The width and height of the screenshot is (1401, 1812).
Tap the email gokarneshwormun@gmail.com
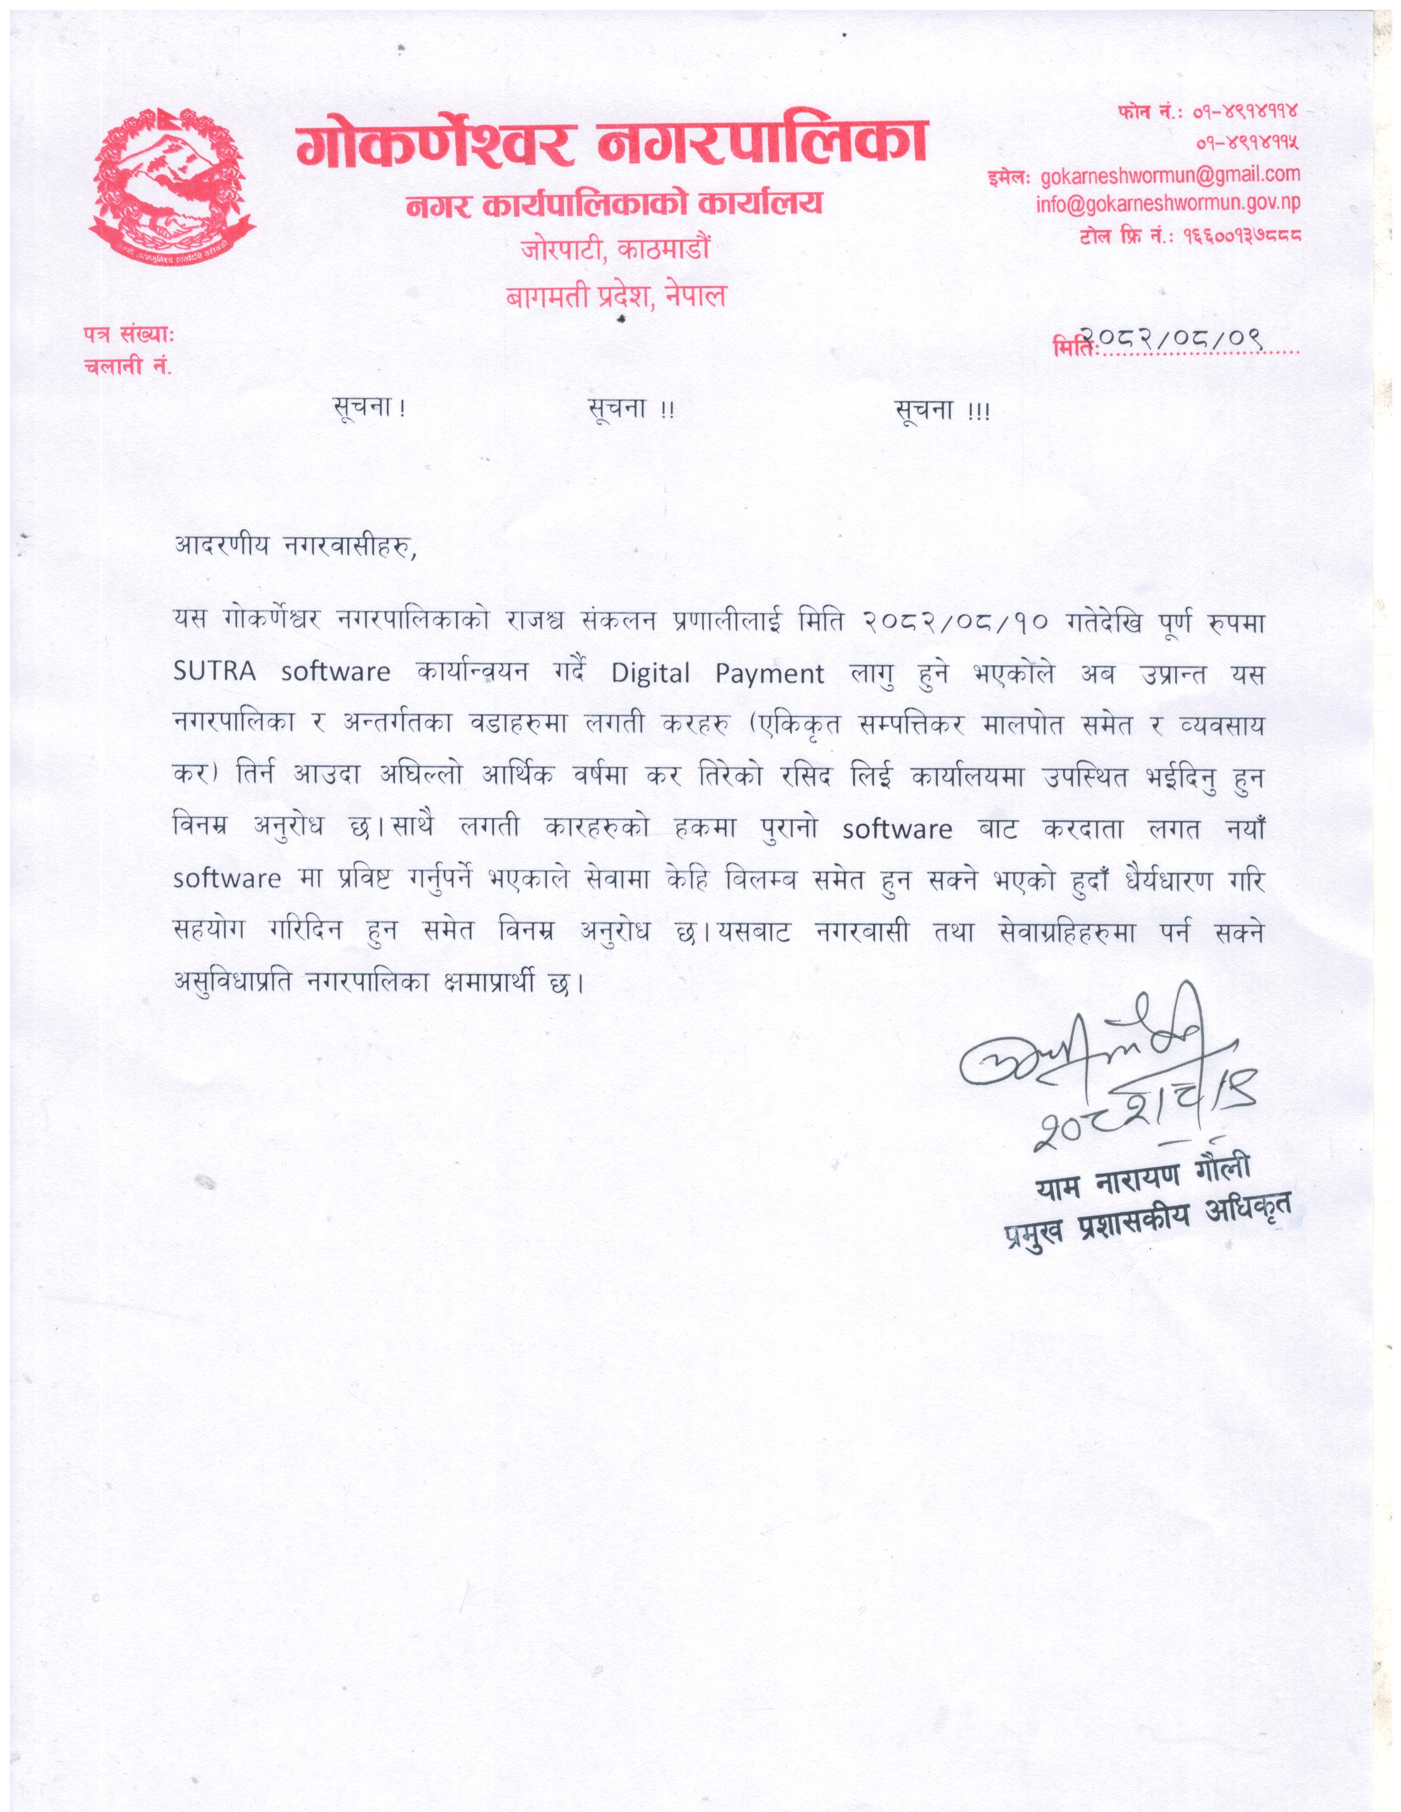pos(1169,174)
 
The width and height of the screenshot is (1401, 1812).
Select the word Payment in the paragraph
pos(769,674)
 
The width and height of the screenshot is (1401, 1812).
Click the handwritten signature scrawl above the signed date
pos(1079,1049)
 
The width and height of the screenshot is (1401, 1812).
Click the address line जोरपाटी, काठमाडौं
pos(615,248)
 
